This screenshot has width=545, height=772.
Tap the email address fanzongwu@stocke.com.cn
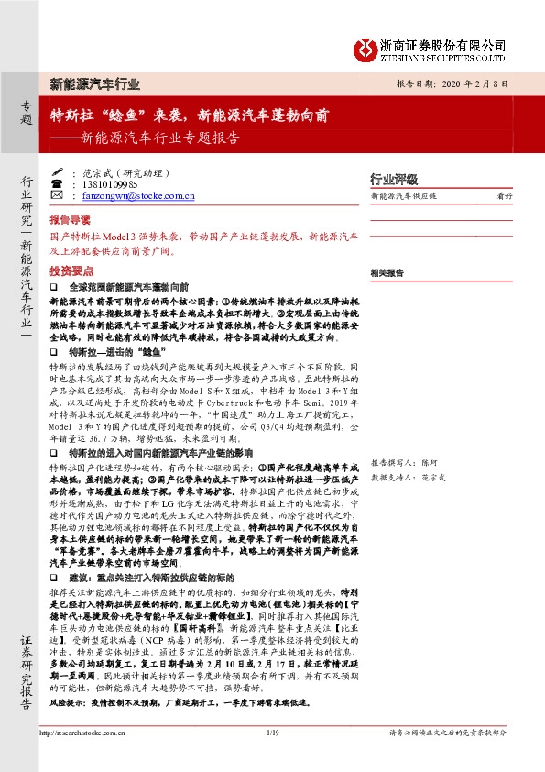coord(137,195)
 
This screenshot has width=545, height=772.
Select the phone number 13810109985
coord(114,184)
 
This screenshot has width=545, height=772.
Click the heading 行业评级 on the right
coord(393,179)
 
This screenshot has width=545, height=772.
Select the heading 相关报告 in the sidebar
coord(387,273)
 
